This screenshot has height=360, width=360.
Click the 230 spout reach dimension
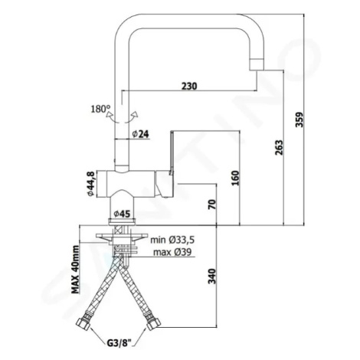189,86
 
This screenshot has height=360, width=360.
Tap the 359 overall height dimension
299,119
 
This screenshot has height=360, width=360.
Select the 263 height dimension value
278,148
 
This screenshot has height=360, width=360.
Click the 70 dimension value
212,205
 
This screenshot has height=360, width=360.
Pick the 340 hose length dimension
212,276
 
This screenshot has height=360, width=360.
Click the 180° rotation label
100,110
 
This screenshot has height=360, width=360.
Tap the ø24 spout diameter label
141,134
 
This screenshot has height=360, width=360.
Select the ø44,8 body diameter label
91,184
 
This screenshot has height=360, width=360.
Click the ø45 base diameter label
122,214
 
